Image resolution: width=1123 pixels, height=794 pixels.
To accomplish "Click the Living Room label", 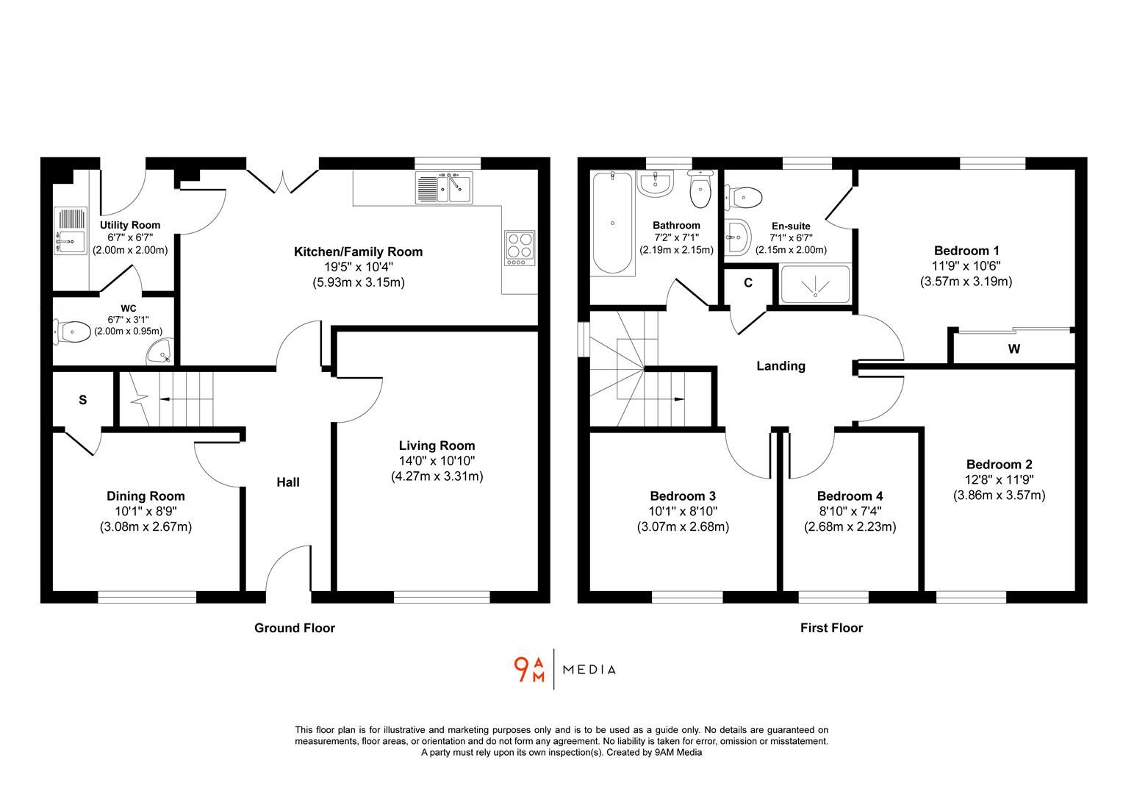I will tap(437, 446).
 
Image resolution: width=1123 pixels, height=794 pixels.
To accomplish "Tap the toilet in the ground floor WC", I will tap(71, 332).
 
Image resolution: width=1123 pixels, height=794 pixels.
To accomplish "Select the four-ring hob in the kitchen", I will tap(519, 248).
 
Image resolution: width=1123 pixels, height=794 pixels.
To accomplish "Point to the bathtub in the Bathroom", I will tap(612, 223).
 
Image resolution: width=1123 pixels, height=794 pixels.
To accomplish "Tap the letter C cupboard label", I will tap(748, 283).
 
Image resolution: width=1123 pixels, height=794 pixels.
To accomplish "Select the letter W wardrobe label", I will tap(1013, 349).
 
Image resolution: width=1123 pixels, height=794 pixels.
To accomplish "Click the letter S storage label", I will tap(83, 400).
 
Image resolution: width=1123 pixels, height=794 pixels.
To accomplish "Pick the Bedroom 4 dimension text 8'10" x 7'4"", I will tap(848, 511).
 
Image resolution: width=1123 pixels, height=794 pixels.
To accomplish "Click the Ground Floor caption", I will tap(294, 628).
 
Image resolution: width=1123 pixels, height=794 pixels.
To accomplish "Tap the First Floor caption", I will tap(831, 628).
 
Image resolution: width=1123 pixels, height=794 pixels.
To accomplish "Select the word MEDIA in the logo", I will tap(589, 670).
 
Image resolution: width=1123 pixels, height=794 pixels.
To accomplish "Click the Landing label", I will tap(781, 365).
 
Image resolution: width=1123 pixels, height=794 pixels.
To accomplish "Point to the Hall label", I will tap(288, 482).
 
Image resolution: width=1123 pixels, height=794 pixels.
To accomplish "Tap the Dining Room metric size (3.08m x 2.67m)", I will tap(146, 526).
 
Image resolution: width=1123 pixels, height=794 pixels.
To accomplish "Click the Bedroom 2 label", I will tap(999, 465).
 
